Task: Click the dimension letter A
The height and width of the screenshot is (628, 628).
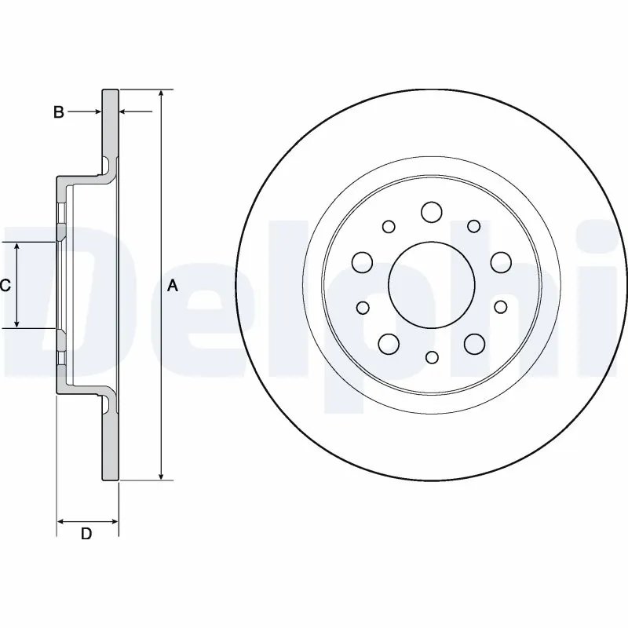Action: coord(172,286)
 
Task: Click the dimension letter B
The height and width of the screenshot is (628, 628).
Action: coord(58,111)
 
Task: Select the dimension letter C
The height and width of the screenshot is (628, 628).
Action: coord(5,285)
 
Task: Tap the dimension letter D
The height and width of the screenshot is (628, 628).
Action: coord(86,534)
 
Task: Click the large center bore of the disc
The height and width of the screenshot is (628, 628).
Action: coord(432,285)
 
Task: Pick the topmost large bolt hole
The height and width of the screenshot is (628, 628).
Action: coord(432,212)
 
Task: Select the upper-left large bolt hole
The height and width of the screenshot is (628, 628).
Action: coord(363,262)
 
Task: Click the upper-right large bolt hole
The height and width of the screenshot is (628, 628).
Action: coord(501,262)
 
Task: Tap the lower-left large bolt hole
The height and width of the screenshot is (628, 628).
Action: coord(389,344)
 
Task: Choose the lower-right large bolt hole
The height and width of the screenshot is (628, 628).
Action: coord(475,344)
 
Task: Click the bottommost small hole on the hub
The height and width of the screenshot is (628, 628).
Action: coord(432,357)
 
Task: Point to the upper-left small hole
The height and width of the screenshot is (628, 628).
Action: coord(389,226)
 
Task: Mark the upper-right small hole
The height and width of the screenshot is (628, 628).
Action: coord(474,226)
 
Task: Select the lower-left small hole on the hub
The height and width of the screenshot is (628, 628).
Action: coord(363,308)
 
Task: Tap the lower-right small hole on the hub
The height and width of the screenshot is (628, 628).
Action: coord(501,307)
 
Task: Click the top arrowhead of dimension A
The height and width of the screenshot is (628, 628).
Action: coord(161,93)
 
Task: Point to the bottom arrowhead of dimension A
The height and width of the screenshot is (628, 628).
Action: coord(161,475)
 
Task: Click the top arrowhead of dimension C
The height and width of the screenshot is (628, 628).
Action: coord(16,246)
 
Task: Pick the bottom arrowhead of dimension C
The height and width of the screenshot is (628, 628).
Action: coord(16,323)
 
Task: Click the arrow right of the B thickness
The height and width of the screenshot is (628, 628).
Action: coord(136,111)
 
